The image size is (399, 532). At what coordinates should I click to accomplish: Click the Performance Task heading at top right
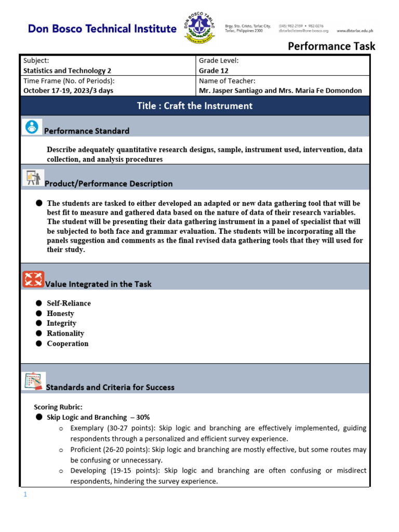(331, 46)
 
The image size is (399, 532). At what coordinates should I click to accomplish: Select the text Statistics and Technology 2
(67, 71)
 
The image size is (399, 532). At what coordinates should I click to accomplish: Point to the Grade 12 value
(214, 71)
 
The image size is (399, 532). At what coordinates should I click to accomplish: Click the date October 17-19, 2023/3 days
(68, 90)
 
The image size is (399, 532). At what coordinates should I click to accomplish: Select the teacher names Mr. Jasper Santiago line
(280, 90)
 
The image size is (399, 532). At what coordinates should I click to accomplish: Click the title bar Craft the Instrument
(195, 106)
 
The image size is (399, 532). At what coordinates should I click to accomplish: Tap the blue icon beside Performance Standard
(32, 127)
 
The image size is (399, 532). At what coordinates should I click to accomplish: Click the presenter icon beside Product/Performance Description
(33, 179)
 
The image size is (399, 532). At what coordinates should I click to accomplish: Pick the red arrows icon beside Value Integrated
(33, 280)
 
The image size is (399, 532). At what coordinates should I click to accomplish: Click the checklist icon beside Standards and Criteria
(34, 382)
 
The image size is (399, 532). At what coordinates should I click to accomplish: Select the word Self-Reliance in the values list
(69, 303)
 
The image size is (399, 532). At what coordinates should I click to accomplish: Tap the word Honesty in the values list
(60, 313)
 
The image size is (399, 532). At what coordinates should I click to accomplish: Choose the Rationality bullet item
(65, 334)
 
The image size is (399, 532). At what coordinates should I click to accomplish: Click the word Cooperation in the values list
(68, 343)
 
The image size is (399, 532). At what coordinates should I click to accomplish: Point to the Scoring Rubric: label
(58, 407)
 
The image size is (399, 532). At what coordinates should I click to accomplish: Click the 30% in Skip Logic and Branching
(143, 417)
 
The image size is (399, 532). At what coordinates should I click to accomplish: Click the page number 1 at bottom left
(24, 495)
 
